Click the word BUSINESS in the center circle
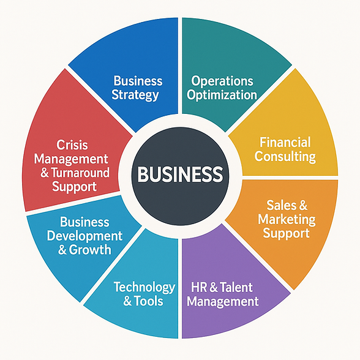(180, 174)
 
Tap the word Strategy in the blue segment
(135, 96)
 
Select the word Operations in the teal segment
(222, 81)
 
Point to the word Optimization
(222, 96)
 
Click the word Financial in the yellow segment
(285, 142)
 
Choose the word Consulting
(285, 157)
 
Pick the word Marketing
(287, 220)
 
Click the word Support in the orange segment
(286, 234)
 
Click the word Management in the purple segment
(223, 301)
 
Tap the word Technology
(144, 288)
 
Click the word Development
(84, 236)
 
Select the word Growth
(90, 250)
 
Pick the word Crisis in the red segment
(72, 145)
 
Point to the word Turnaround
(80, 173)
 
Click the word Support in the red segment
(74, 187)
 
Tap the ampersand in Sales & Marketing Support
(302, 205)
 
